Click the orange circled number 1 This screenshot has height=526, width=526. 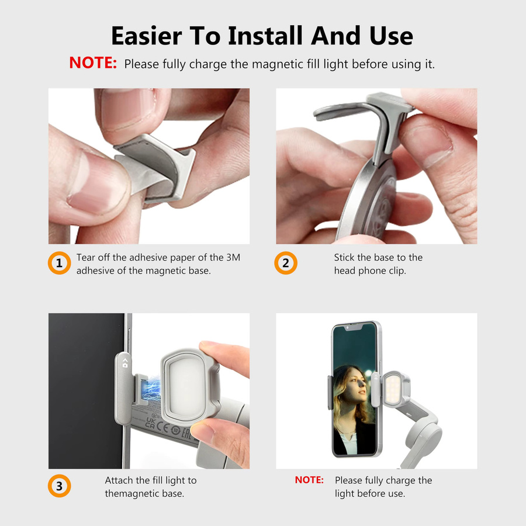(x=60, y=263)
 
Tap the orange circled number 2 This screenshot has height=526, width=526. (x=286, y=263)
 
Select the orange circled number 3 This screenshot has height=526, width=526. (x=60, y=486)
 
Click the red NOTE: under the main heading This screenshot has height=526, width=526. (x=93, y=63)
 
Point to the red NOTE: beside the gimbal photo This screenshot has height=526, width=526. (x=309, y=480)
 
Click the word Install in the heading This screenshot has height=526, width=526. (x=265, y=36)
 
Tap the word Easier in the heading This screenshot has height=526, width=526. (x=147, y=36)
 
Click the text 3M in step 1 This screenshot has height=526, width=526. (x=233, y=257)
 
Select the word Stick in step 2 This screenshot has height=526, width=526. (x=344, y=257)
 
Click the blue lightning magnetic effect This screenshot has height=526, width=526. (x=151, y=389)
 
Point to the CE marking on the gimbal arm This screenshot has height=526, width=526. (x=162, y=427)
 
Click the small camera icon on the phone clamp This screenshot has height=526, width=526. (x=125, y=364)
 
